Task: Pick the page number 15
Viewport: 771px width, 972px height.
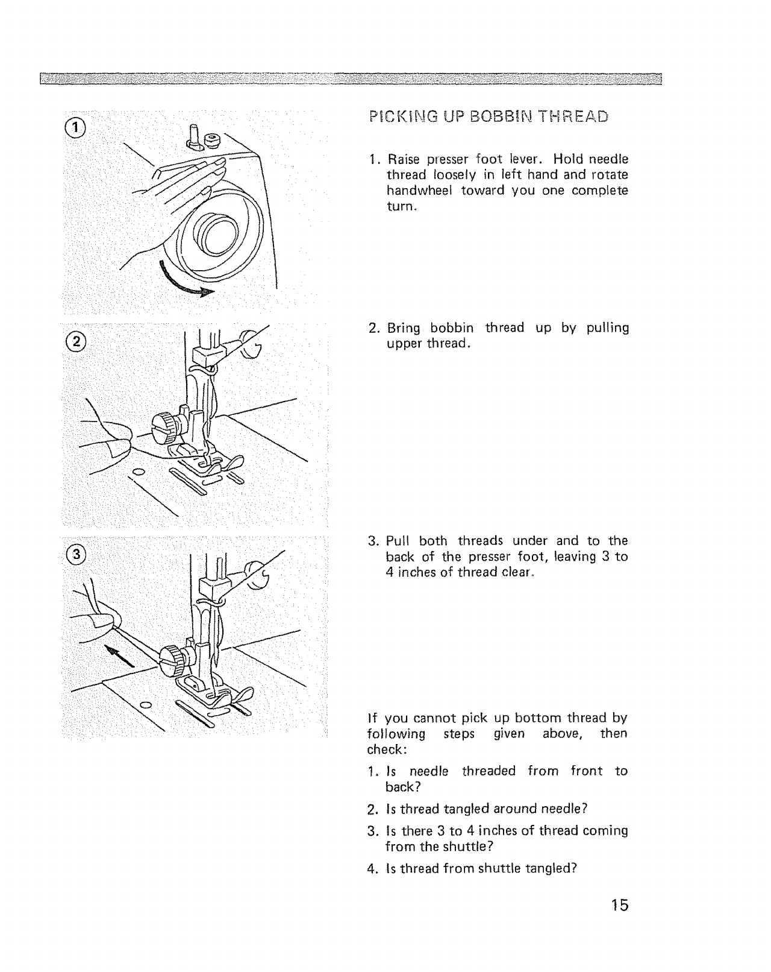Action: click(617, 906)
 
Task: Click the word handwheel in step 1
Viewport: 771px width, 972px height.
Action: click(419, 191)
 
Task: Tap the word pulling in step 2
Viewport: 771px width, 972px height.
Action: click(608, 329)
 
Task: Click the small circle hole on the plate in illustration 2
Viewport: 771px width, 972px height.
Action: click(139, 471)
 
